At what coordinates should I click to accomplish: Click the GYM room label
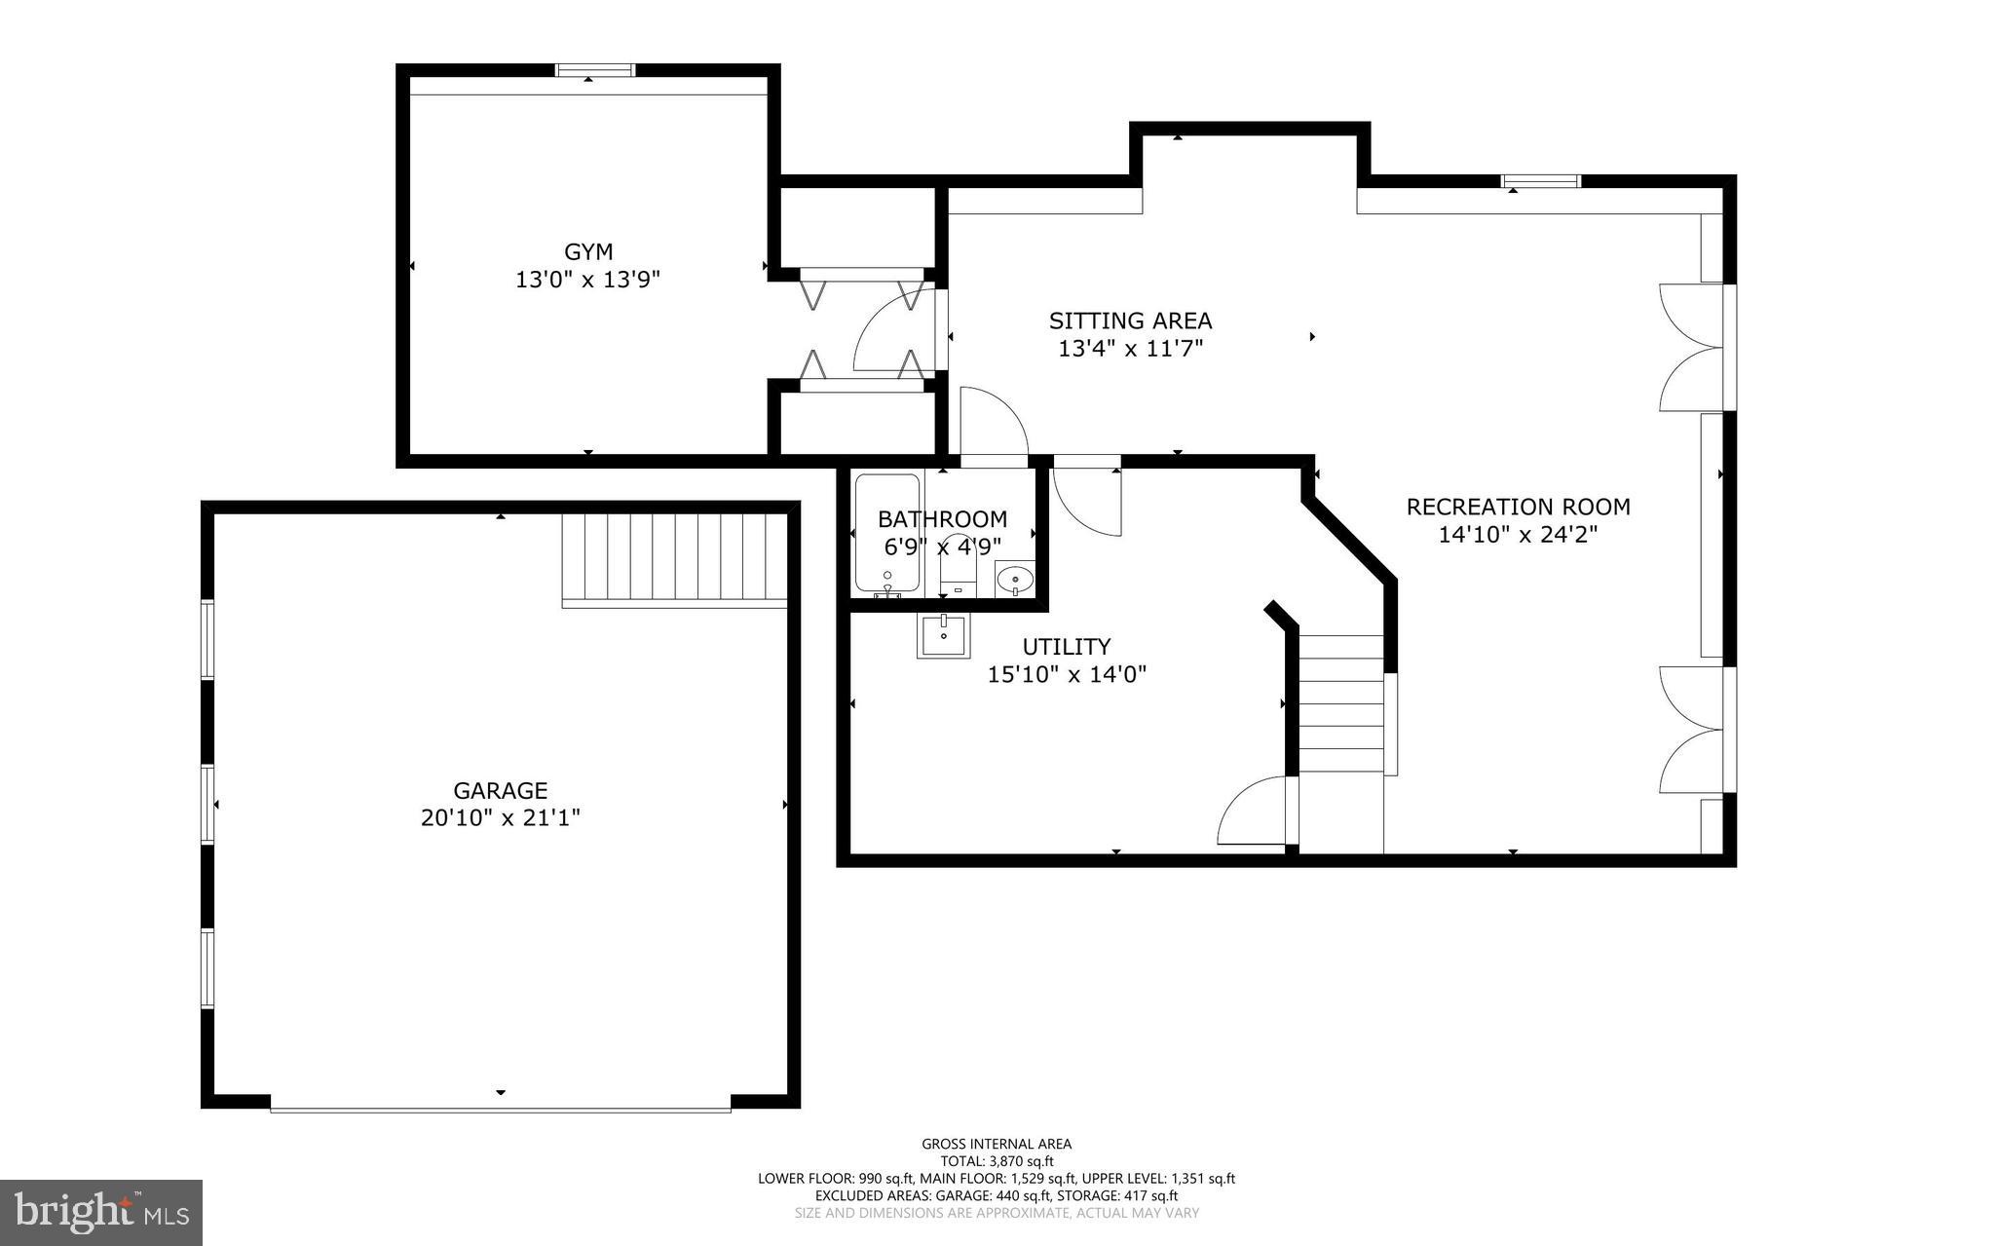point(588,252)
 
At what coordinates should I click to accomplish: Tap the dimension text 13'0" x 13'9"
point(588,281)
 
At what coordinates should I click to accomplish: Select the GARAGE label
point(500,790)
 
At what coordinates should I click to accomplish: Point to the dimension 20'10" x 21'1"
point(500,818)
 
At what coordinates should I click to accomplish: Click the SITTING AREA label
point(1130,321)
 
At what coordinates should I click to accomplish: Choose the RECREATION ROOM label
point(1518,507)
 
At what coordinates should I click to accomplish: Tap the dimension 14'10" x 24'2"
point(1518,535)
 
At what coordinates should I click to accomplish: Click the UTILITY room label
point(1066,647)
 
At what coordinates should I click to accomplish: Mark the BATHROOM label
point(942,519)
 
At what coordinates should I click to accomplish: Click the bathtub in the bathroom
point(886,533)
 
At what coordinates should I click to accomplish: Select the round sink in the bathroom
point(1014,579)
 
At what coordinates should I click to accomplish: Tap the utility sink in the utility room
point(943,636)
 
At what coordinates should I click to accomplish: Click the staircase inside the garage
point(674,559)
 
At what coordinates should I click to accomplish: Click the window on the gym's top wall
point(595,70)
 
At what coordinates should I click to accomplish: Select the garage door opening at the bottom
point(500,1108)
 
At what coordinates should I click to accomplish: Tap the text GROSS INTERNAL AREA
point(997,1145)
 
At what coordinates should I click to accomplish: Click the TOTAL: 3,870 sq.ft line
point(997,1161)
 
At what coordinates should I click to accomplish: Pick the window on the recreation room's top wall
point(1540,181)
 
